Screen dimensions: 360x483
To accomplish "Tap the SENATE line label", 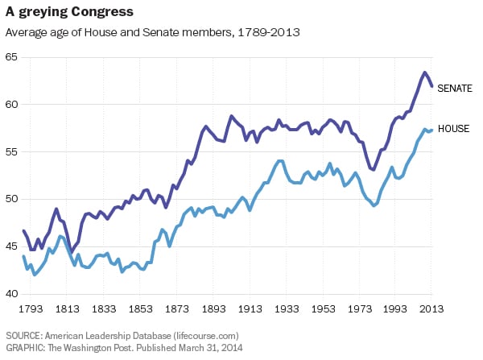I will pyautogui.click(x=454, y=89).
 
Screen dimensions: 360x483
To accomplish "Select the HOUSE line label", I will pyautogui.click(x=452, y=129).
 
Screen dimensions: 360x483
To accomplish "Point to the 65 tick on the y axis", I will pyautogui.click(x=11, y=57).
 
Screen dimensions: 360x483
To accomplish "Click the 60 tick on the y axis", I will pyautogui.click(x=11, y=105).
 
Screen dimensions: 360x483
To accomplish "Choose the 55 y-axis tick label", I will pyautogui.click(x=11, y=152).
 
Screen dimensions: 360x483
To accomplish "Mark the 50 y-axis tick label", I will pyautogui.click(x=11, y=200).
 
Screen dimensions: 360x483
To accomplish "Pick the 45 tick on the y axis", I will pyautogui.click(x=11, y=246).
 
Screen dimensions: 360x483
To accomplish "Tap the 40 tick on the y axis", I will pyautogui.click(x=11, y=294).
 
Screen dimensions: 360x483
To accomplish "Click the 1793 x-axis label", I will pyautogui.click(x=32, y=308).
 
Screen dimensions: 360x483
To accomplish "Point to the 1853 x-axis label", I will pyautogui.click(x=141, y=308).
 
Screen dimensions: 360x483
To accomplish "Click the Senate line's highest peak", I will pyautogui.click(x=424, y=72).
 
